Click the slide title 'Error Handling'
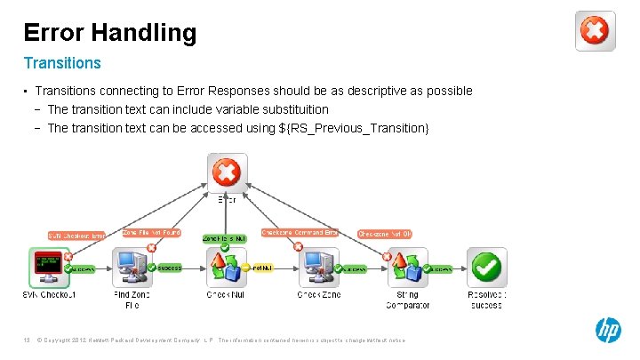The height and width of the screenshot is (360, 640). (x=109, y=33)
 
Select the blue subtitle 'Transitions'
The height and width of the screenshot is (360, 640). (x=62, y=63)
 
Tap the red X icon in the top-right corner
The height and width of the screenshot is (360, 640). (x=594, y=32)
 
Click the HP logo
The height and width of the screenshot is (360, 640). (x=608, y=331)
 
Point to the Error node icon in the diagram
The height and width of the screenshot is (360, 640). (x=228, y=172)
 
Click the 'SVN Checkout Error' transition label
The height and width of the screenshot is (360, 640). (x=76, y=236)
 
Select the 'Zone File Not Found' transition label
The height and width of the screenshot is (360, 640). (x=151, y=233)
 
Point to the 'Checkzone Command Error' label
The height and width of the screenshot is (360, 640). (x=300, y=233)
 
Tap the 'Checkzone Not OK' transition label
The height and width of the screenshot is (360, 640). (x=385, y=234)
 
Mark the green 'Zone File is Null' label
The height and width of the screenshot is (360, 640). (x=223, y=238)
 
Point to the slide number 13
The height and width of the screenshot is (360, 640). (x=28, y=340)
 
